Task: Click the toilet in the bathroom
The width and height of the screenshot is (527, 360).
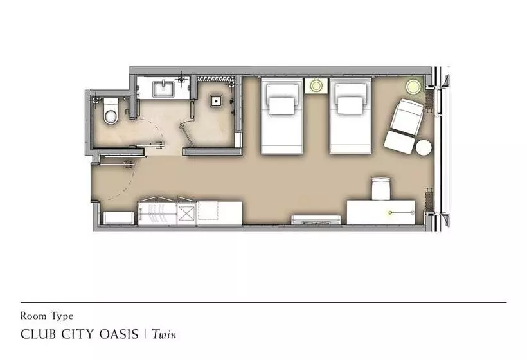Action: pos(111,111)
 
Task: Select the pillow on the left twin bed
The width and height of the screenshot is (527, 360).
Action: pos(281,105)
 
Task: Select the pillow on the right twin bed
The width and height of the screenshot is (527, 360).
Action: pos(350,105)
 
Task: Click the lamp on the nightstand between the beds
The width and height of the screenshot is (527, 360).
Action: pos(316,85)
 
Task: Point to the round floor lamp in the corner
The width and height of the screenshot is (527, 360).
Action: pos(413,86)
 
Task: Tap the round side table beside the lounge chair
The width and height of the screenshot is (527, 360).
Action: pos(424,147)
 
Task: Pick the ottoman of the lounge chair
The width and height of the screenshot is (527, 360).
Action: pos(399,142)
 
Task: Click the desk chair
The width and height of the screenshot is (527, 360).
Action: pos(381,189)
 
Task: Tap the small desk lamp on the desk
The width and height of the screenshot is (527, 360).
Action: pos(390,212)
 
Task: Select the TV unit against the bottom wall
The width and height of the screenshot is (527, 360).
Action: pos(316,220)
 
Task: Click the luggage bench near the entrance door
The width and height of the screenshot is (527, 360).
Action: pos(118,218)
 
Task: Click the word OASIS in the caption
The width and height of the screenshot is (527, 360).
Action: pos(120,334)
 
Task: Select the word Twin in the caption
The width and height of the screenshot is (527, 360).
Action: pos(164,334)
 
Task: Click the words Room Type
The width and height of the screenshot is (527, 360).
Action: pos(47,316)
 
